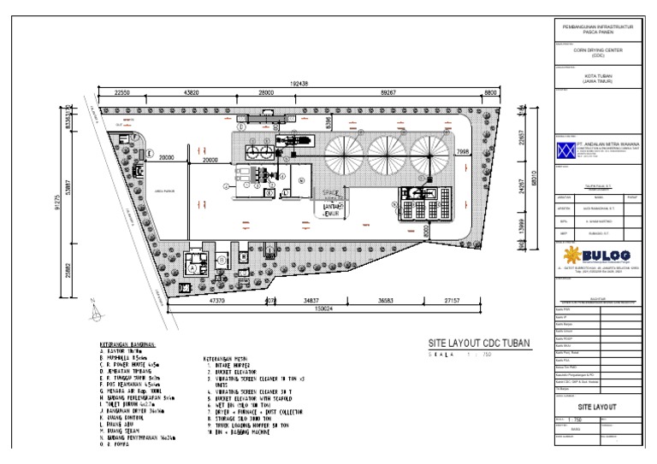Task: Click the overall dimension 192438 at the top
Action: point(299,84)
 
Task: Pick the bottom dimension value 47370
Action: point(222,301)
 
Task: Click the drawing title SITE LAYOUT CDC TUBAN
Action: point(480,343)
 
